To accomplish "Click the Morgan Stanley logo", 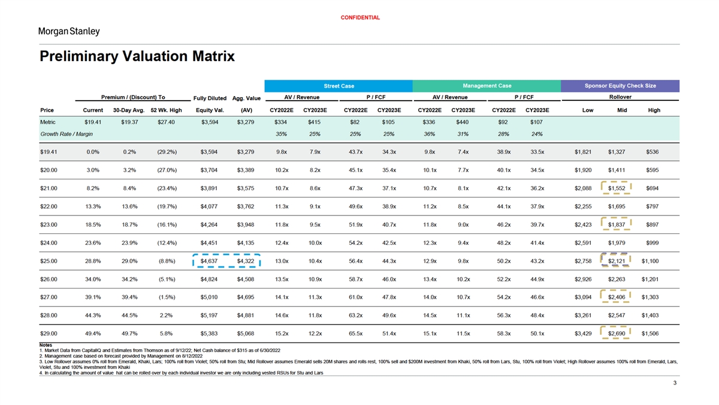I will [x=69, y=31].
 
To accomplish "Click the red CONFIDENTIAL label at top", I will [x=360, y=17].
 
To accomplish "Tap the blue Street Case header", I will [x=339, y=86].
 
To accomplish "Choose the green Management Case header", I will [x=487, y=86].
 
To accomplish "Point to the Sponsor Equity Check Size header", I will [x=620, y=86].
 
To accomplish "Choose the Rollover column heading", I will [x=620, y=97].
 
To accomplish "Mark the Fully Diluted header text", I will [x=210, y=98].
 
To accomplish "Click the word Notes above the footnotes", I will [x=46, y=345].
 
